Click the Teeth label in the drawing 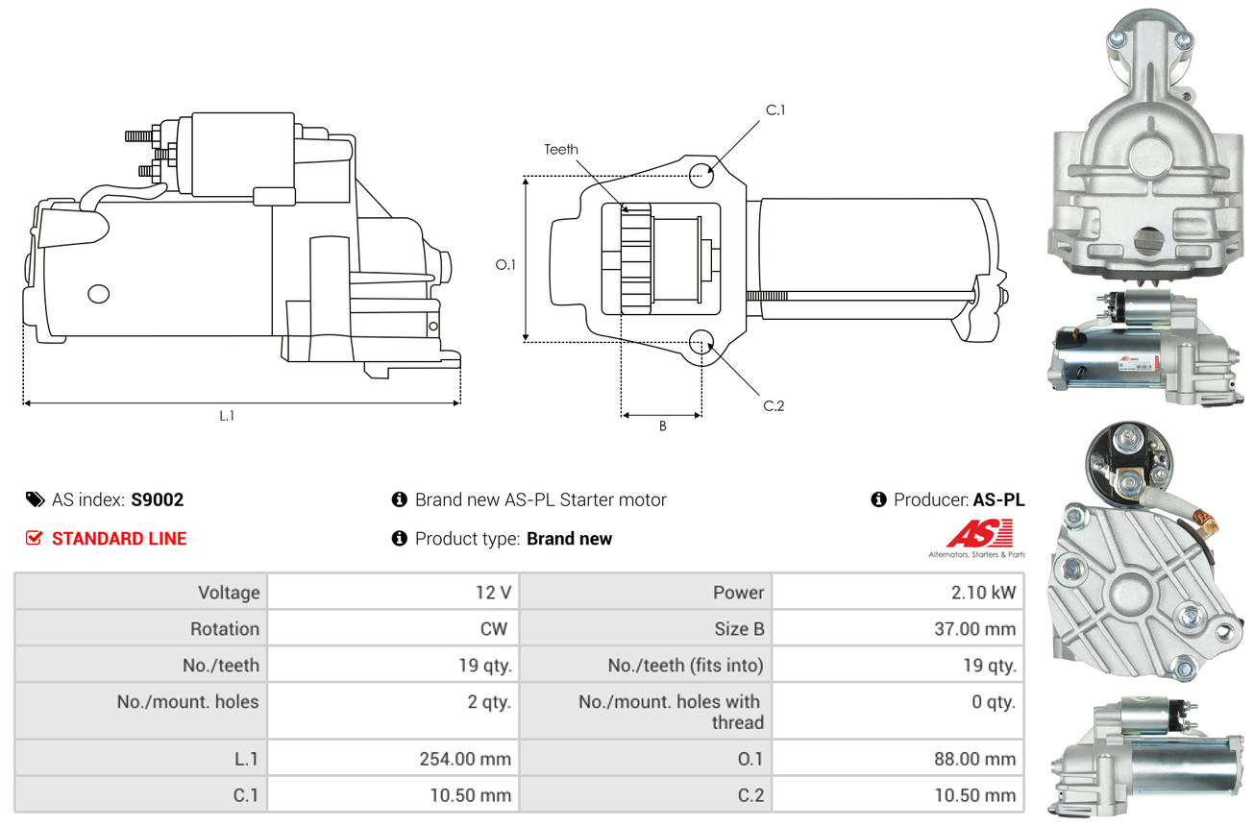[561, 149]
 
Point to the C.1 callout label [775, 110]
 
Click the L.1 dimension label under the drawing [227, 416]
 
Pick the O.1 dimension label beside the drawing [505, 264]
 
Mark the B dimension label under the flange [662, 426]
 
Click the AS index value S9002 [157, 499]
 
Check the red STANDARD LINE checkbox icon [34, 538]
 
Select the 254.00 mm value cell [464, 759]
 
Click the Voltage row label [229, 593]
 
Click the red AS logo [979, 534]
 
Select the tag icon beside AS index [35, 499]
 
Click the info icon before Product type [400, 538]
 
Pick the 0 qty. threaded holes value [993, 702]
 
